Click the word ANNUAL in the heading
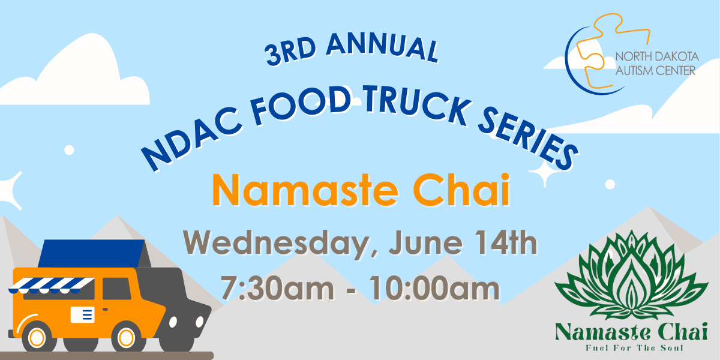pos(383,47)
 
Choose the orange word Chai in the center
pos(461,190)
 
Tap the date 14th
pos(506,242)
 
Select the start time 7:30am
pos(277,287)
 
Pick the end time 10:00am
pos(434,287)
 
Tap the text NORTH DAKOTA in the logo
pos(657,57)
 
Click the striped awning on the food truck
pos(52,286)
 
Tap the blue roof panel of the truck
pos(91,253)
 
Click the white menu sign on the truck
pos(83,314)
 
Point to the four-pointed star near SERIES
pos(545,173)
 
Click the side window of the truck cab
pos(116,289)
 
